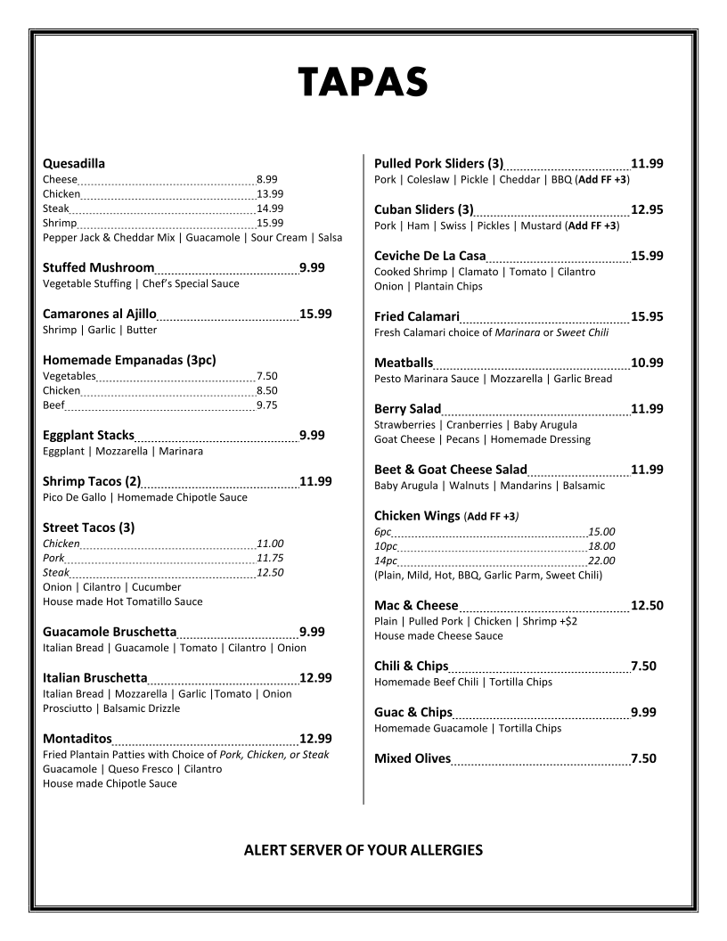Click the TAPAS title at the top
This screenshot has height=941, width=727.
[363, 82]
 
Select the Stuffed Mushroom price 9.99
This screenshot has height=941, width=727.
[312, 267]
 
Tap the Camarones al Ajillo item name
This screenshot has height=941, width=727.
[100, 314]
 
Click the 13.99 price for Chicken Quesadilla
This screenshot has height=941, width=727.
[270, 193]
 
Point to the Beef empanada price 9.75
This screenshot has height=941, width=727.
[267, 405]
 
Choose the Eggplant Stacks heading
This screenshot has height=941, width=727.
[88, 436]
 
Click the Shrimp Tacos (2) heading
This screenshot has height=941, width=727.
[92, 482]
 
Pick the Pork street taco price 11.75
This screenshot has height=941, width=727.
[270, 558]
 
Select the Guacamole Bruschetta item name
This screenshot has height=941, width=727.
[110, 633]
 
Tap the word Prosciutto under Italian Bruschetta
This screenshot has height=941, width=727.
[68, 708]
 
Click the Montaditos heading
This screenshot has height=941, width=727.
[78, 739]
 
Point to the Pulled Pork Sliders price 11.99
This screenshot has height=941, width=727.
[647, 164]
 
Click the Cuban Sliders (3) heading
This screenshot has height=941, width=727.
[423, 210]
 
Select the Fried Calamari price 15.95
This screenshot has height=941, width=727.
[647, 317]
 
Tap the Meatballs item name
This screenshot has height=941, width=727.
[404, 364]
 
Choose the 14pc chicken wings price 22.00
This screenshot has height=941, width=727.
[601, 561]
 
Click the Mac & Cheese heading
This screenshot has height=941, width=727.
[416, 606]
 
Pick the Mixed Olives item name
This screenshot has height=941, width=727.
[413, 759]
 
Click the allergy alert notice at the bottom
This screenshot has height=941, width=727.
[363, 850]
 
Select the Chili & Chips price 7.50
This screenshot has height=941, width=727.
[643, 667]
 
